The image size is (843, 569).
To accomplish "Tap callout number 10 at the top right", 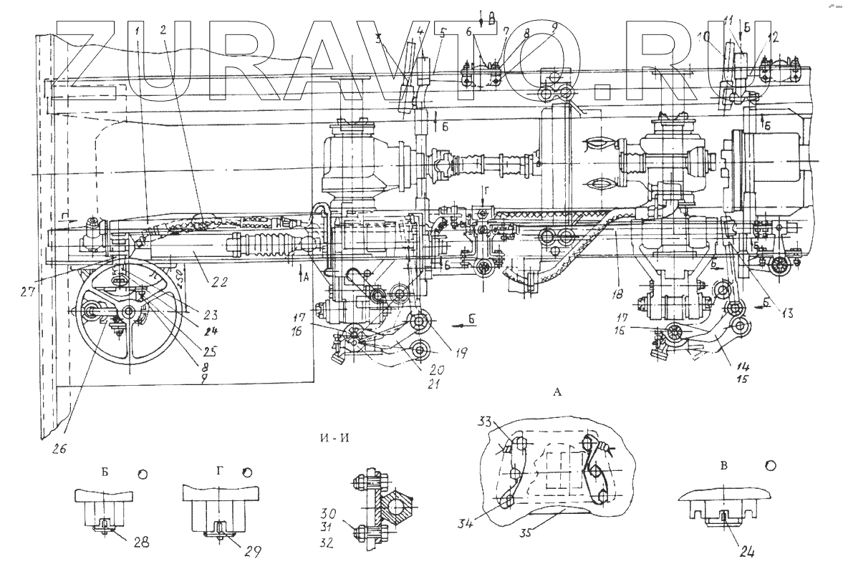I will [x=705, y=36].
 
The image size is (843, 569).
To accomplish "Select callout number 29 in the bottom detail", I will [x=252, y=551].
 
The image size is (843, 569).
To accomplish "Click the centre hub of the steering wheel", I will [x=129, y=312].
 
